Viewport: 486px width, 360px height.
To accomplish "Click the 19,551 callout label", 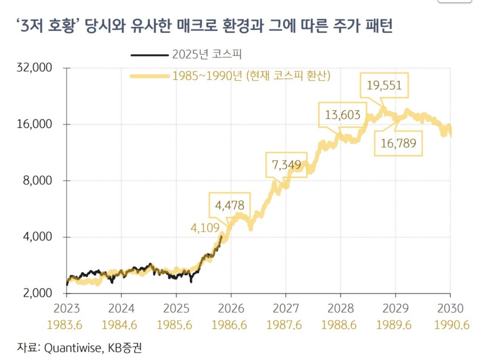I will pyautogui.click(x=384, y=85).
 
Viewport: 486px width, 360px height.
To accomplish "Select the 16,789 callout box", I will pyautogui.click(x=398, y=143).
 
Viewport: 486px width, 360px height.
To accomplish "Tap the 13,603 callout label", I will pyautogui.click(x=343, y=115).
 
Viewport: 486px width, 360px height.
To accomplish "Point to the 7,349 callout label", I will pyautogui.click(x=287, y=164).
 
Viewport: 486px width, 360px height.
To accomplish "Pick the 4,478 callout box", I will pyautogui.click(x=229, y=205).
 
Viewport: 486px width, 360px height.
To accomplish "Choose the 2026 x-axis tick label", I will pyautogui.click(x=231, y=309).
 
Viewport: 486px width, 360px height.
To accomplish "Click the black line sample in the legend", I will pyautogui.click(x=149, y=55).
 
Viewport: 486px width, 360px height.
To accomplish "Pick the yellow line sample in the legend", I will pyautogui.click(x=149, y=76).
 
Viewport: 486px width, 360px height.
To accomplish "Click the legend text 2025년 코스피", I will pyautogui.click(x=207, y=55).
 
